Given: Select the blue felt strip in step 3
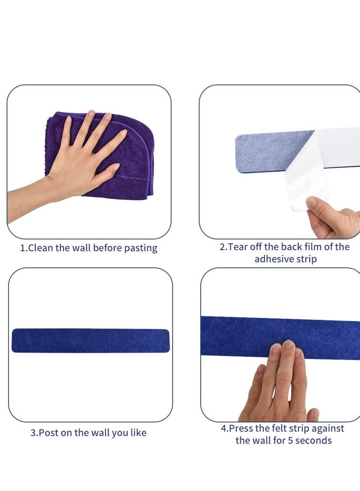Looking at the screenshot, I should click(x=90, y=340).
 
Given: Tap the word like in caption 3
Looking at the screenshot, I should click(x=137, y=433).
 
